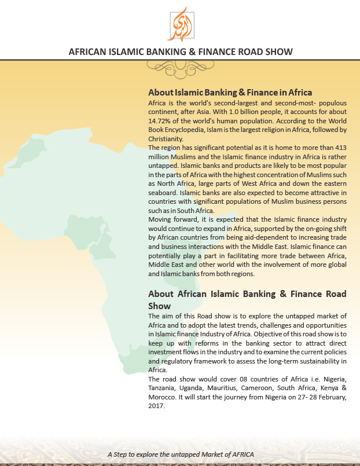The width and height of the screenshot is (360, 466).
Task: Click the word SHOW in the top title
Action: point(278,52)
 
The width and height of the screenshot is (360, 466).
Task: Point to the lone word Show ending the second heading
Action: point(160,305)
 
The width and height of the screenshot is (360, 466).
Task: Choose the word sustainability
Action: point(318,361)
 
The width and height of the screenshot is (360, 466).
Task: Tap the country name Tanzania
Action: point(166,388)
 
